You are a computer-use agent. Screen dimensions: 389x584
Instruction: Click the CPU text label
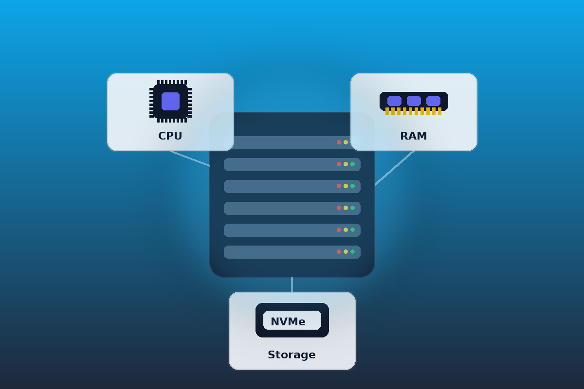click(170, 136)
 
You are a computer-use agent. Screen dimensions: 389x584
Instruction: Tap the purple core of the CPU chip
click(170, 101)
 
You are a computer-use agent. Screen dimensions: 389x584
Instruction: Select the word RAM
click(413, 136)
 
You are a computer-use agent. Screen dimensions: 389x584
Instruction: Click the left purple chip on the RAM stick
click(394, 101)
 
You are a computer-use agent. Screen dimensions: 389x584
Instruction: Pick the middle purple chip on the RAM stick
click(414, 101)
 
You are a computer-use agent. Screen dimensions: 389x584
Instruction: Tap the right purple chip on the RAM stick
click(433, 101)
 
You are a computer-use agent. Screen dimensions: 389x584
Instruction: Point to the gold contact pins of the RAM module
click(413, 111)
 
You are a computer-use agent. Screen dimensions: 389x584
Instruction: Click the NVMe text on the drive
click(288, 321)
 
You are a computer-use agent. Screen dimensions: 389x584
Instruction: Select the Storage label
click(292, 355)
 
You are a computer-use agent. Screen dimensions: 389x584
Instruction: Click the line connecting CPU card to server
click(190, 159)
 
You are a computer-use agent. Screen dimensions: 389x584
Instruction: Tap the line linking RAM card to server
click(394, 168)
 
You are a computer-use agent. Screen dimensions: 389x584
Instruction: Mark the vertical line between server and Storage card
click(292, 284)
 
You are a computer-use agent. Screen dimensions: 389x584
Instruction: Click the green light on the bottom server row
click(353, 252)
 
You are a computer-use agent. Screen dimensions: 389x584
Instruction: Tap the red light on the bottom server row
click(339, 252)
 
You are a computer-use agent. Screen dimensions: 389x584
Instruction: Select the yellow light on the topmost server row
click(346, 142)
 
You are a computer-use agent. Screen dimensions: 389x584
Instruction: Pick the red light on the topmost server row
click(339, 142)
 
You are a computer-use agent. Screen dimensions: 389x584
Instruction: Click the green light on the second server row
click(353, 164)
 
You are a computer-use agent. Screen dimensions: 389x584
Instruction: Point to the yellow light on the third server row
click(346, 186)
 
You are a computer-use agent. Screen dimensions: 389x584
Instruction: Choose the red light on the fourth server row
click(339, 208)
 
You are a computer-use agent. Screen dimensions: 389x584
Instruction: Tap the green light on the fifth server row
click(353, 230)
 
